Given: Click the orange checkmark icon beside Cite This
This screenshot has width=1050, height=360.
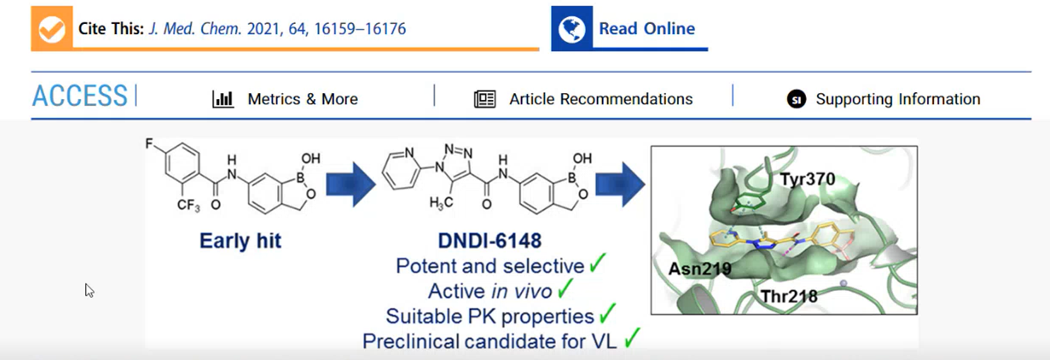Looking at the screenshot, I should pos(51,29).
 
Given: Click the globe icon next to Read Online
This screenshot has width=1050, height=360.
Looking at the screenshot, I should pos(571,29).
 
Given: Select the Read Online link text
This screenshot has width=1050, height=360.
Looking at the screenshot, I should pos(647,29).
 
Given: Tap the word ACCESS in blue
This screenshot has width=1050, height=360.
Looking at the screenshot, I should pos(80,96).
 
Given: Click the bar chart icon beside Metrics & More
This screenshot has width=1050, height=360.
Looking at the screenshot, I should pos(223,99).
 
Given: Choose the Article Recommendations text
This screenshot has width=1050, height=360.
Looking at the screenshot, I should pos(601,99).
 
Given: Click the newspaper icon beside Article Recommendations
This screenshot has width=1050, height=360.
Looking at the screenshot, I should pos(485,99).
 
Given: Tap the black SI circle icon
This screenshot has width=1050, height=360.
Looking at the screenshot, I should pos(796,99).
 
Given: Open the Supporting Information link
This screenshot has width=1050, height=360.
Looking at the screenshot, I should pos(897,99).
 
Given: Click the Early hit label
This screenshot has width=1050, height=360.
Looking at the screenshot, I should pos(240,241).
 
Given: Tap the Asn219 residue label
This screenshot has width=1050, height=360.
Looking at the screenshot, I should pos(700,268).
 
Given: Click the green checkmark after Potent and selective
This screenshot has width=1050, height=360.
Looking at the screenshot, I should pos(597,266).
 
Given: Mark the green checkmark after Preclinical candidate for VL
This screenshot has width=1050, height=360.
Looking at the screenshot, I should pos(633,338).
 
